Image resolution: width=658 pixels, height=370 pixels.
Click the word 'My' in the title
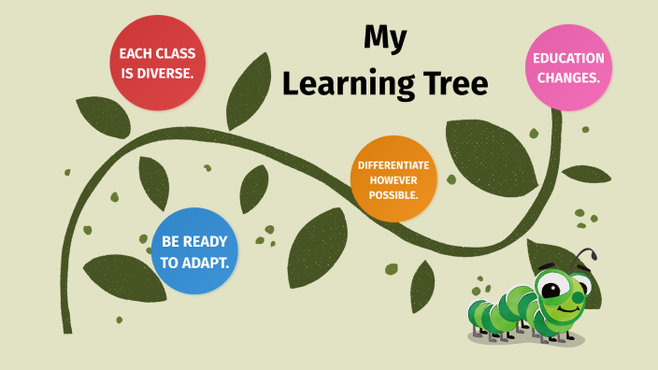(x=385, y=37)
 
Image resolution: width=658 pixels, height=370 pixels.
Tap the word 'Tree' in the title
(x=454, y=83)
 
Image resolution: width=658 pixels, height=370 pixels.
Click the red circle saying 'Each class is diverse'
(x=157, y=64)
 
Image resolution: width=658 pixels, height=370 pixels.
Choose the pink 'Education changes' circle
(x=568, y=67)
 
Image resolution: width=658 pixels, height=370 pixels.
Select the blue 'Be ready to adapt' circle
(x=194, y=251)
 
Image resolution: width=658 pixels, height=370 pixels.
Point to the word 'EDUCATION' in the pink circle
(x=568, y=58)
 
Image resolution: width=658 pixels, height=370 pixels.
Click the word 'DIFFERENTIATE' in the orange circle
(x=393, y=165)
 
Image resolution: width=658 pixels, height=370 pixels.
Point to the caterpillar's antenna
(x=586, y=255)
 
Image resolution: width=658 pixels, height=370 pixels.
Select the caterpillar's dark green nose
(x=579, y=299)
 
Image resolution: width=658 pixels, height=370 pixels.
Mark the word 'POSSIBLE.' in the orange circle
(x=393, y=193)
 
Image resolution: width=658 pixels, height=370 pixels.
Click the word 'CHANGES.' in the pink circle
(x=568, y=78)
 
